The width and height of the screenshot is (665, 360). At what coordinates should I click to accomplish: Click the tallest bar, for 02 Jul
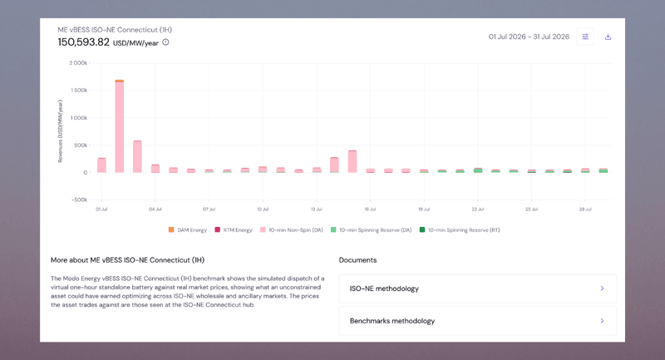tap(119, 126)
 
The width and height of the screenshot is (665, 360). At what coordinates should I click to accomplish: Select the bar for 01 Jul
tap(101, 165)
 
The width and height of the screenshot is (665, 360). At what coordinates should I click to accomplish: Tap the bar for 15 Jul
tap(352, 161)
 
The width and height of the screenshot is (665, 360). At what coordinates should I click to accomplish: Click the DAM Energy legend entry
tap(188, 229)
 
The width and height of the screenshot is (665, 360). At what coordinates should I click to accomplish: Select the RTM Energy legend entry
tap(234, 229)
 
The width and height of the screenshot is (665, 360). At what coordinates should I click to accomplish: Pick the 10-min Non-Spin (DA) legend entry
tap(292, 229)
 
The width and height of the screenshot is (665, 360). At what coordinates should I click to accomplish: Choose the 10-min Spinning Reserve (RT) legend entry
tap(460, 229)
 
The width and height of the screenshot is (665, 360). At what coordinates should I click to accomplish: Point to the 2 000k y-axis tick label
tap(78, 62)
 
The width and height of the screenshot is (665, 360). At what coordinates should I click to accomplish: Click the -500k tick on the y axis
tap(79, 200)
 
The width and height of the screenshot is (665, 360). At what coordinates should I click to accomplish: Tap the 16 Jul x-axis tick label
tap(370, 209)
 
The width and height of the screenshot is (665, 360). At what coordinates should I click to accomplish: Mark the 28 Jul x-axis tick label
tap(585, 209)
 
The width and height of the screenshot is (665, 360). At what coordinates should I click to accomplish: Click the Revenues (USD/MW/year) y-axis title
tap(60, 131)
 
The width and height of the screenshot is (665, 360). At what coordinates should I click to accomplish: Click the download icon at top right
tap(608, 37)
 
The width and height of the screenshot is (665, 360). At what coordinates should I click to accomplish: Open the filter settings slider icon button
tap(585, 37)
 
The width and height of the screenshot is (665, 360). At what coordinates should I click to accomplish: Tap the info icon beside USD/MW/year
tap(165, 42)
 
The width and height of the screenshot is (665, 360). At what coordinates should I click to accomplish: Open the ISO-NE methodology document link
tap(477, 288)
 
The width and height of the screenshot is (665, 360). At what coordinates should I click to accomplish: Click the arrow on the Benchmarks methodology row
tap(602, 321)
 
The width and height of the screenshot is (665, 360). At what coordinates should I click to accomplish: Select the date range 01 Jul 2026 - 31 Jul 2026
tap(529, 37)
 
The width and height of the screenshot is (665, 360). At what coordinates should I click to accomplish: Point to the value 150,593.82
tap(84, 42)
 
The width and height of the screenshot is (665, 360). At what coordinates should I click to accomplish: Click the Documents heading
tap(357, 260)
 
